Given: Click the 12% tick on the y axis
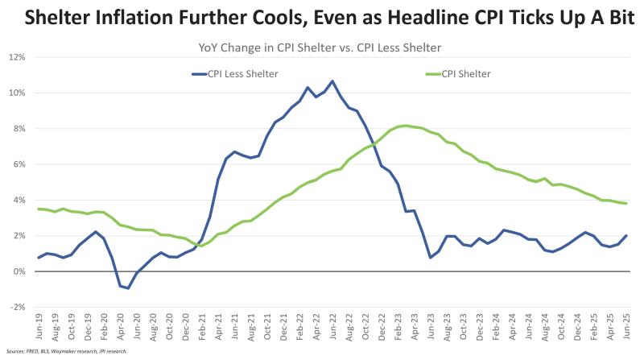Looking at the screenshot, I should (x=17, y=57).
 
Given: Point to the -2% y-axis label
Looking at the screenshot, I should (x=17, y=307).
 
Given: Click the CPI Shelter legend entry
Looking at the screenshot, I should (x=466, y=73).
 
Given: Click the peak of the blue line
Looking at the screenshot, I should (x=332, y=81).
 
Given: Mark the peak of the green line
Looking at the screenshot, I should (x=407, y=125).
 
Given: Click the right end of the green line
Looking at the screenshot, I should (x=625, y=203).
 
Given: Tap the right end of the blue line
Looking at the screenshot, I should (x=625, y=235).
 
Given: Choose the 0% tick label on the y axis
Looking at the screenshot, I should (x=19, y=271).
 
